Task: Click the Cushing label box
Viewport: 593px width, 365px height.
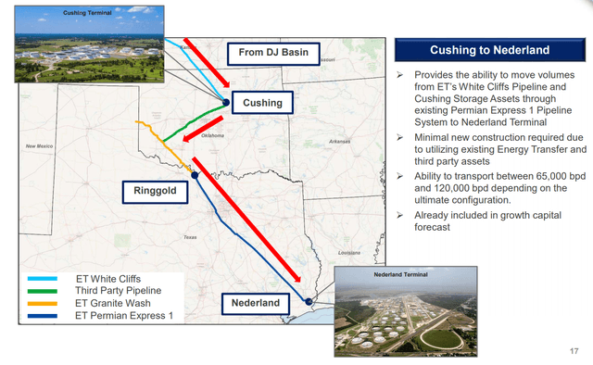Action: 262,101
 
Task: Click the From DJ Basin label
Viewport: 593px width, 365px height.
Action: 274,55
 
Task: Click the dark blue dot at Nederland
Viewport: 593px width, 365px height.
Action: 309,301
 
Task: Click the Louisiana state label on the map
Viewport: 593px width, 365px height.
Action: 348,252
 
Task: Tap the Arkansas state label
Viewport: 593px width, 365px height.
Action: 340,141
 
